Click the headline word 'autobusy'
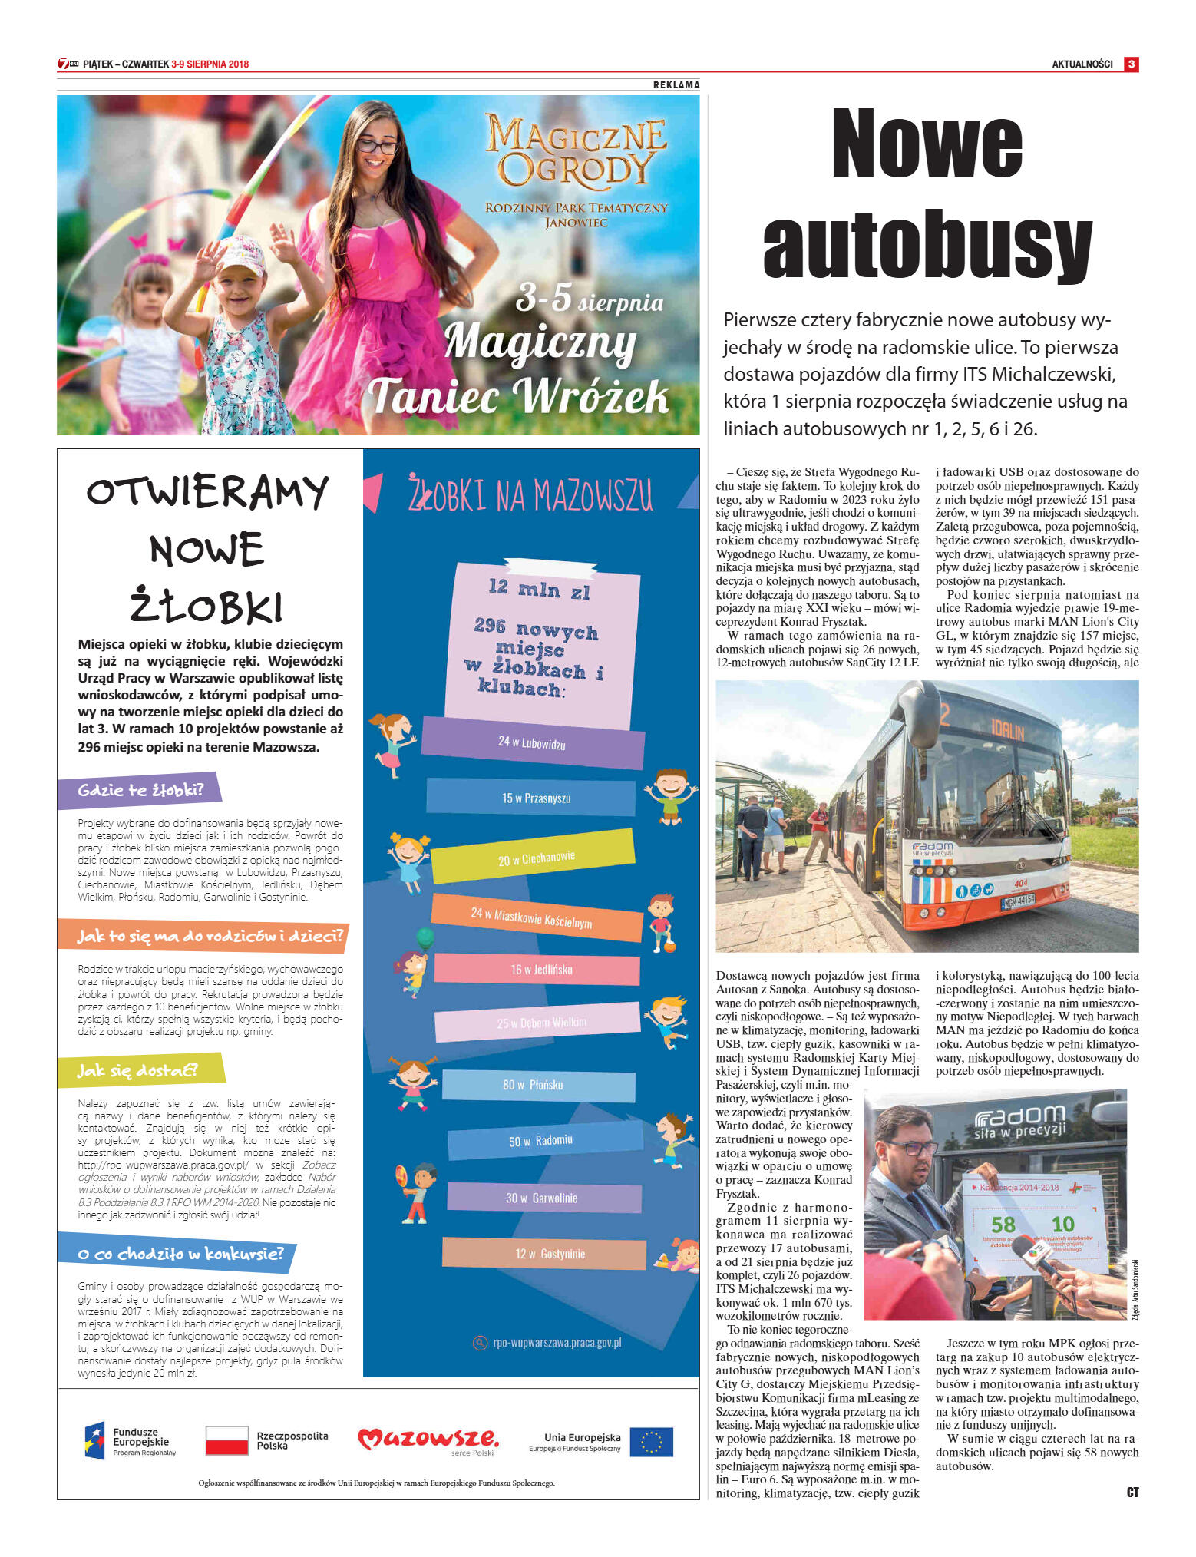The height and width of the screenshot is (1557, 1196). pos(927,243)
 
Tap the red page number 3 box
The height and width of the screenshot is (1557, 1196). pos(1131,64)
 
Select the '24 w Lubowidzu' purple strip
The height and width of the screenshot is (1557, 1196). pos(532,742)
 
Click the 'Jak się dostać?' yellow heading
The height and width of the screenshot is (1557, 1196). pos(137,1070)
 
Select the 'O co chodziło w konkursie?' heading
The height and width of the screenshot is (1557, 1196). pos(180,1254)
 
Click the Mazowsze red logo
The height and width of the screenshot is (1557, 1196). pos(428,1438)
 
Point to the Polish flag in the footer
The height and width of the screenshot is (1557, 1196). pos(226,1440)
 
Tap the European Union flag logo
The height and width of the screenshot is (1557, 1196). pos(651,1442)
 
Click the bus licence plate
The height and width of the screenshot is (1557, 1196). pos(1018,900)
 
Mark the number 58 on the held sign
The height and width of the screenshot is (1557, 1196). pos(1003,1225)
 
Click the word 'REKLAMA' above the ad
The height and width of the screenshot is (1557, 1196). pos(676,85)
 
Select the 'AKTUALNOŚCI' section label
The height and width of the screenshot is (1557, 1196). pos(1082,64)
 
